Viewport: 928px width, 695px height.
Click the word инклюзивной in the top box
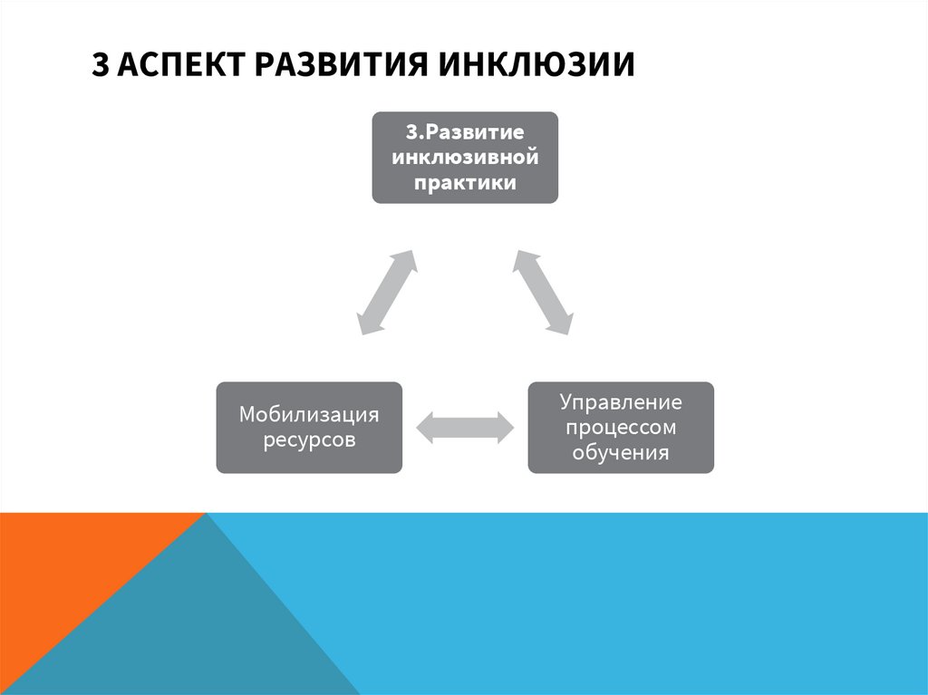465,158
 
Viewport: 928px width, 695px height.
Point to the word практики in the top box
465,183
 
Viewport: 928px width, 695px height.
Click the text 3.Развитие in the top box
465,132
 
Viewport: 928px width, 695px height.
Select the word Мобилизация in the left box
309,415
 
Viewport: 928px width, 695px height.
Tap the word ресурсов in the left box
309,440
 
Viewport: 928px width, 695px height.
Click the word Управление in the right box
621,401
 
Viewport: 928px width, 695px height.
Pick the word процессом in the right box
621,427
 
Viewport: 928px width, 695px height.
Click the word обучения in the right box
621,452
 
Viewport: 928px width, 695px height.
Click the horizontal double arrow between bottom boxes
465,427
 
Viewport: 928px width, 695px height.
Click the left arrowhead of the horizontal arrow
425,427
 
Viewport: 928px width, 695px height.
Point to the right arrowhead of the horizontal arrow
505,427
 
